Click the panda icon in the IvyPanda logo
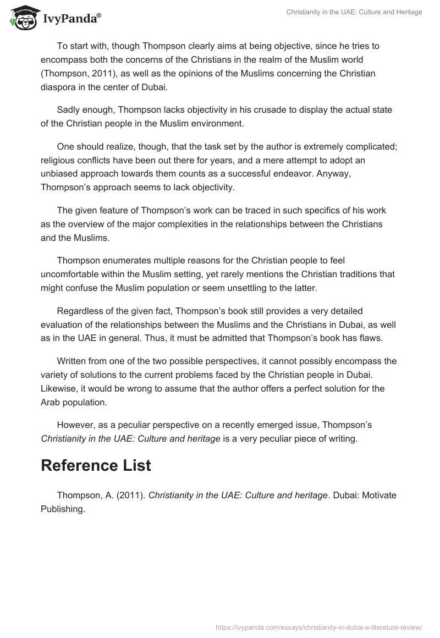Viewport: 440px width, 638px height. click(x=21, y=18)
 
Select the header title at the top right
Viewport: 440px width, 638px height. click(x=354, y=12)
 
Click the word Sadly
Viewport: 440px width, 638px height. click(x=69, y=110)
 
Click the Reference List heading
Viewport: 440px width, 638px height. click(x=96, y=465)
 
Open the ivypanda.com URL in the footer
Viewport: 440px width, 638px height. click(x=319, y=626)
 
